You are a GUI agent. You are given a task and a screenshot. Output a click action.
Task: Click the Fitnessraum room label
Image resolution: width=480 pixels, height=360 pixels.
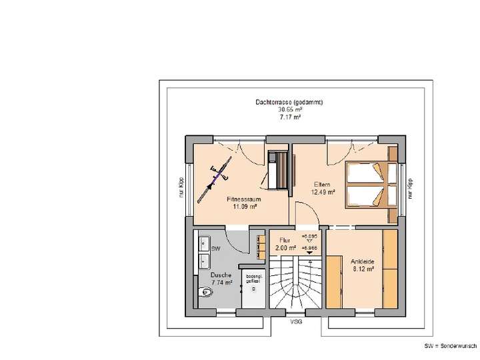tap(243, 199)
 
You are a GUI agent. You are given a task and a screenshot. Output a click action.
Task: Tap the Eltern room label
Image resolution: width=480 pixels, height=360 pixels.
tap(323, 185)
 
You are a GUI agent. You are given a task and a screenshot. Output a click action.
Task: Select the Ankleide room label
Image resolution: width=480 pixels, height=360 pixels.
tap(363, 263)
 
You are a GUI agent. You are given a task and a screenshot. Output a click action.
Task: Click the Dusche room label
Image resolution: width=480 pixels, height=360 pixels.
tap(221, 275)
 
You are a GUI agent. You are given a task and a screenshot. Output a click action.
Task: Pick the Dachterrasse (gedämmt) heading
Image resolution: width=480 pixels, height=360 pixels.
tap(289, 103)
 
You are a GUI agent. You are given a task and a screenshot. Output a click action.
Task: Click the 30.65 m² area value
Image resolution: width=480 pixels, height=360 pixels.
tap(289, 109)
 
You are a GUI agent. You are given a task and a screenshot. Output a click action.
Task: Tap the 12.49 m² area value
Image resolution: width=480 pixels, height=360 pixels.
tap(323, 192)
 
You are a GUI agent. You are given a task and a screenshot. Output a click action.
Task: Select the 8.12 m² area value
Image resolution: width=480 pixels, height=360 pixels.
tap(363, 270)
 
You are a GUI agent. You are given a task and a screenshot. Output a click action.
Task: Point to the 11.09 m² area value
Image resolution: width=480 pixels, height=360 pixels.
tap(243, 207)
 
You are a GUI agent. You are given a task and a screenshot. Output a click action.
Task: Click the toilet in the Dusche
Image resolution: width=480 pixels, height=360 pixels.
tap(205, 292)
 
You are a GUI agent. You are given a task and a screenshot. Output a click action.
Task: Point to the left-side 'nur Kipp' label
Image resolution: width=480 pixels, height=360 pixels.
tap(180, 188)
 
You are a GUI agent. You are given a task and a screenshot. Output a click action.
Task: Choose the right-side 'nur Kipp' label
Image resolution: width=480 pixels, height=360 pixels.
tap(411, 188)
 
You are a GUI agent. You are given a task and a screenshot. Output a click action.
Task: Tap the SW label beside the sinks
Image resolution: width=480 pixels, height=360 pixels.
tap(215, 249)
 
